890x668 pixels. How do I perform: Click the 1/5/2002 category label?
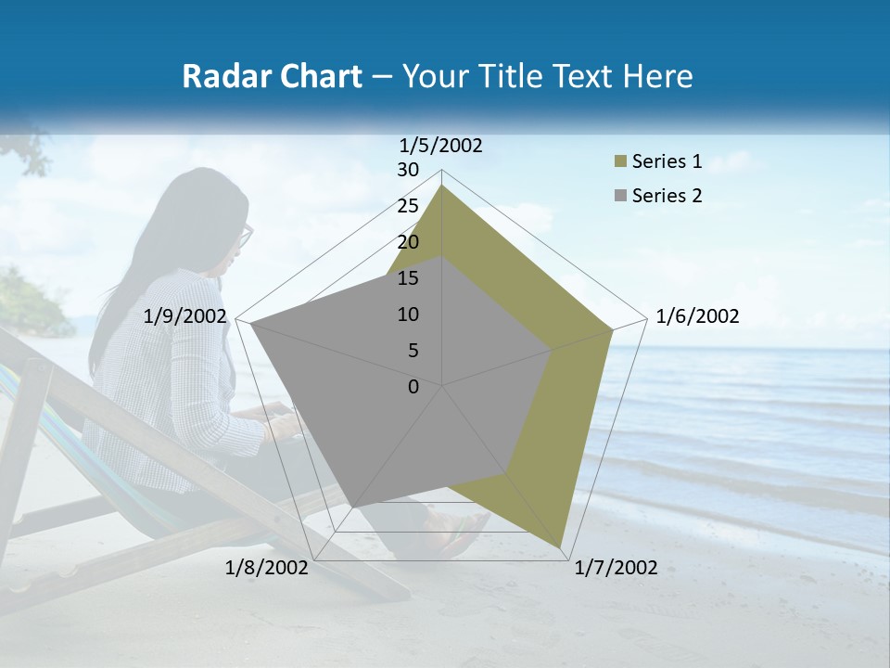(x=441, y=145)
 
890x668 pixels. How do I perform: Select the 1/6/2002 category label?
(x=697, y=316)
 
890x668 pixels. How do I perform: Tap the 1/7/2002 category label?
(x=616, y=568)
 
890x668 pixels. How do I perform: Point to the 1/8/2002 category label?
(x=267, y=568)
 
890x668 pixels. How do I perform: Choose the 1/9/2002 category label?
(x=185, y=316)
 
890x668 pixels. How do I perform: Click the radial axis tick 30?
(x=408, y=170)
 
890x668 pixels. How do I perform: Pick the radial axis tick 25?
(x=408, y=206)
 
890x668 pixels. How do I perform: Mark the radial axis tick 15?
(x=408, y=278)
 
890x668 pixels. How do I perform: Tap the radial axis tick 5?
(x=413, y=351)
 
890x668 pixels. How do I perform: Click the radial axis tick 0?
(x=413, y=387)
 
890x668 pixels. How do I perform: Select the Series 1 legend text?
(x=667, y=161)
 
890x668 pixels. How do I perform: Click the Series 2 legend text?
(x=667, y=196)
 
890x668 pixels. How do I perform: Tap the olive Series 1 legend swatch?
(x=620, y=162)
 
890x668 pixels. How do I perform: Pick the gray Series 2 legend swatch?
(x=620, y=197)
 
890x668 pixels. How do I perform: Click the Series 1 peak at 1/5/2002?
(x=442, y=186)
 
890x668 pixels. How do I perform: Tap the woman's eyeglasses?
(x=245, y=236)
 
